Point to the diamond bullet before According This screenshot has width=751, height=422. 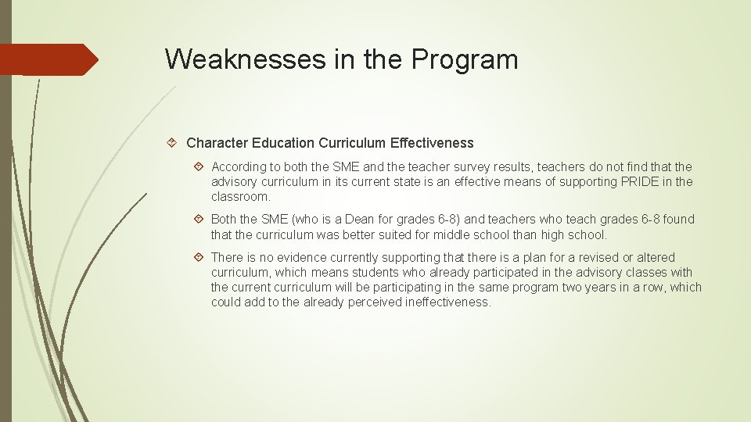[199, 166]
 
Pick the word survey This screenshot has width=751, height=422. [449, 166]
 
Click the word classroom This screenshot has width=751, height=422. [240, 196]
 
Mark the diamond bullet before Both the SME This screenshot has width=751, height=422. [199, 220]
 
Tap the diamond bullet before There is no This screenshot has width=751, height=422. [199, 257]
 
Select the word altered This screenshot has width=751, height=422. [653, 257]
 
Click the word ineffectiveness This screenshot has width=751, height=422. [447, 302]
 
